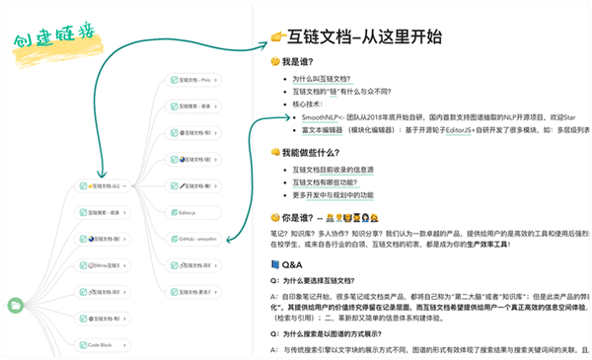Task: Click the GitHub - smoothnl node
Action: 193,239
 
